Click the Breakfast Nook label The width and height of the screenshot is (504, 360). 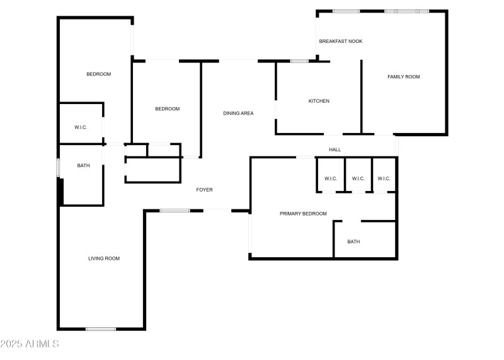340,41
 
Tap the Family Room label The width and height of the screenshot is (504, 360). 403,77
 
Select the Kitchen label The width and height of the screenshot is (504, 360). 319,101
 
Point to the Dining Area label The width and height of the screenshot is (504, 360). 238,113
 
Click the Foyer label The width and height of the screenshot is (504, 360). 204,190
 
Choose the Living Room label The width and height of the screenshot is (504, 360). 104,258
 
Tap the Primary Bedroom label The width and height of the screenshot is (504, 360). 303,214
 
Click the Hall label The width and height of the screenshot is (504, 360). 335,149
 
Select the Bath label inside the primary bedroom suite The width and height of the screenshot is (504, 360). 353,241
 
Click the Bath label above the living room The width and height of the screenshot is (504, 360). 83,166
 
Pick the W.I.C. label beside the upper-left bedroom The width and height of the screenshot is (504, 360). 81,127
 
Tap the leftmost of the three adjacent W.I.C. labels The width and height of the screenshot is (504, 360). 331,178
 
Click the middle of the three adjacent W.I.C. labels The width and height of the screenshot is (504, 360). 358,178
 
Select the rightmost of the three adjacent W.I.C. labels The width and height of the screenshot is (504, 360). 384,178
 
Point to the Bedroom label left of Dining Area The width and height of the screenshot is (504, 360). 167,109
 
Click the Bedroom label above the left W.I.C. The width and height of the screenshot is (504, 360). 98,74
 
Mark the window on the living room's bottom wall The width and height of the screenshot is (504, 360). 101,328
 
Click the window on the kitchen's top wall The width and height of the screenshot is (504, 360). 299,61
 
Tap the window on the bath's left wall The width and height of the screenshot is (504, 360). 58,168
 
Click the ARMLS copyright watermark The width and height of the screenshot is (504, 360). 30,344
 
